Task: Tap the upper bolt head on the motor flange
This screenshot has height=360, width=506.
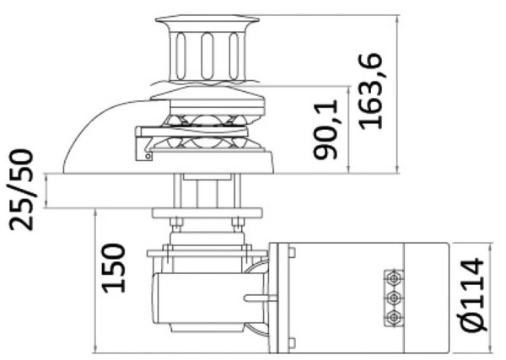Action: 292,253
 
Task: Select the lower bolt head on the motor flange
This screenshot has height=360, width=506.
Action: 292,341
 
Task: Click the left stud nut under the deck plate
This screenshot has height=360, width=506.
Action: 179,223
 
